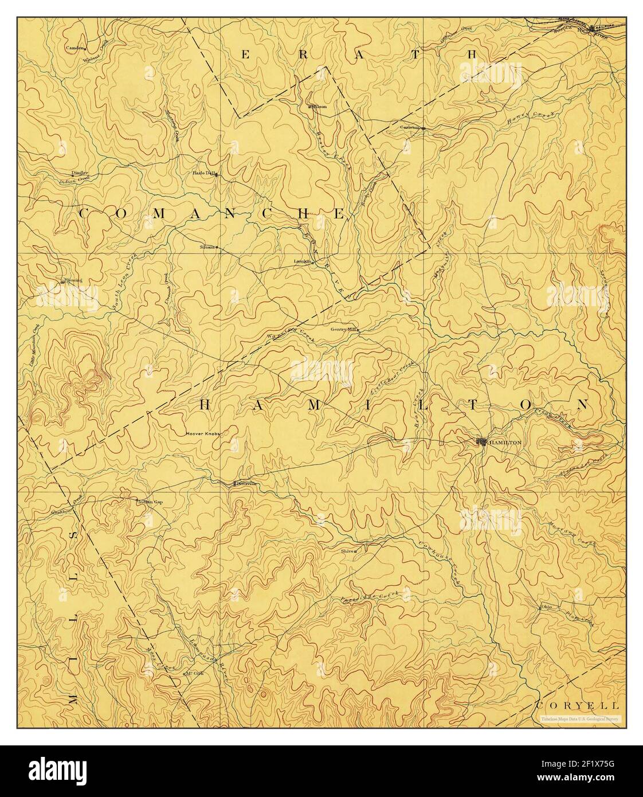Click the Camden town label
point(75,48)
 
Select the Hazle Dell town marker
point(216,175)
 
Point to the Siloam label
point(206,247)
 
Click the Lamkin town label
point(301,261)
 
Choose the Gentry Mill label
point(343,330)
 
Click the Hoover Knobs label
point(203,434)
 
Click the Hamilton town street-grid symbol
point(482,442)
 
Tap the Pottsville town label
point(247,483)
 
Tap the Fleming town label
point(73,280)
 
